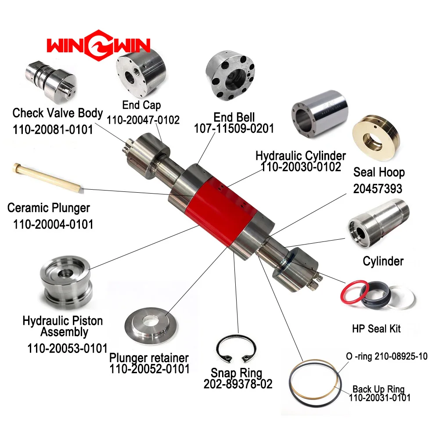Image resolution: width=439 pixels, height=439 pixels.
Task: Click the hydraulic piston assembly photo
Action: [x=65, y=283]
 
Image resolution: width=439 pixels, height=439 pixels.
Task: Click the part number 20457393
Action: [x=378, y=188]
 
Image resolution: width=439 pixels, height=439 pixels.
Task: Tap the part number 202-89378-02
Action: [x=238, y=384]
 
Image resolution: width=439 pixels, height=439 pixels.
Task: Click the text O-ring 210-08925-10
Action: [x=386, y=356]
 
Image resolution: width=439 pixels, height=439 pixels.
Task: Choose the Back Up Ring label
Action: [x=378, y=389]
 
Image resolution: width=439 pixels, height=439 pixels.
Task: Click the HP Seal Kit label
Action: [x=376, y=328]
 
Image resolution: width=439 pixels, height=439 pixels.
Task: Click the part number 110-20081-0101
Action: [x=53, y=130]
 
